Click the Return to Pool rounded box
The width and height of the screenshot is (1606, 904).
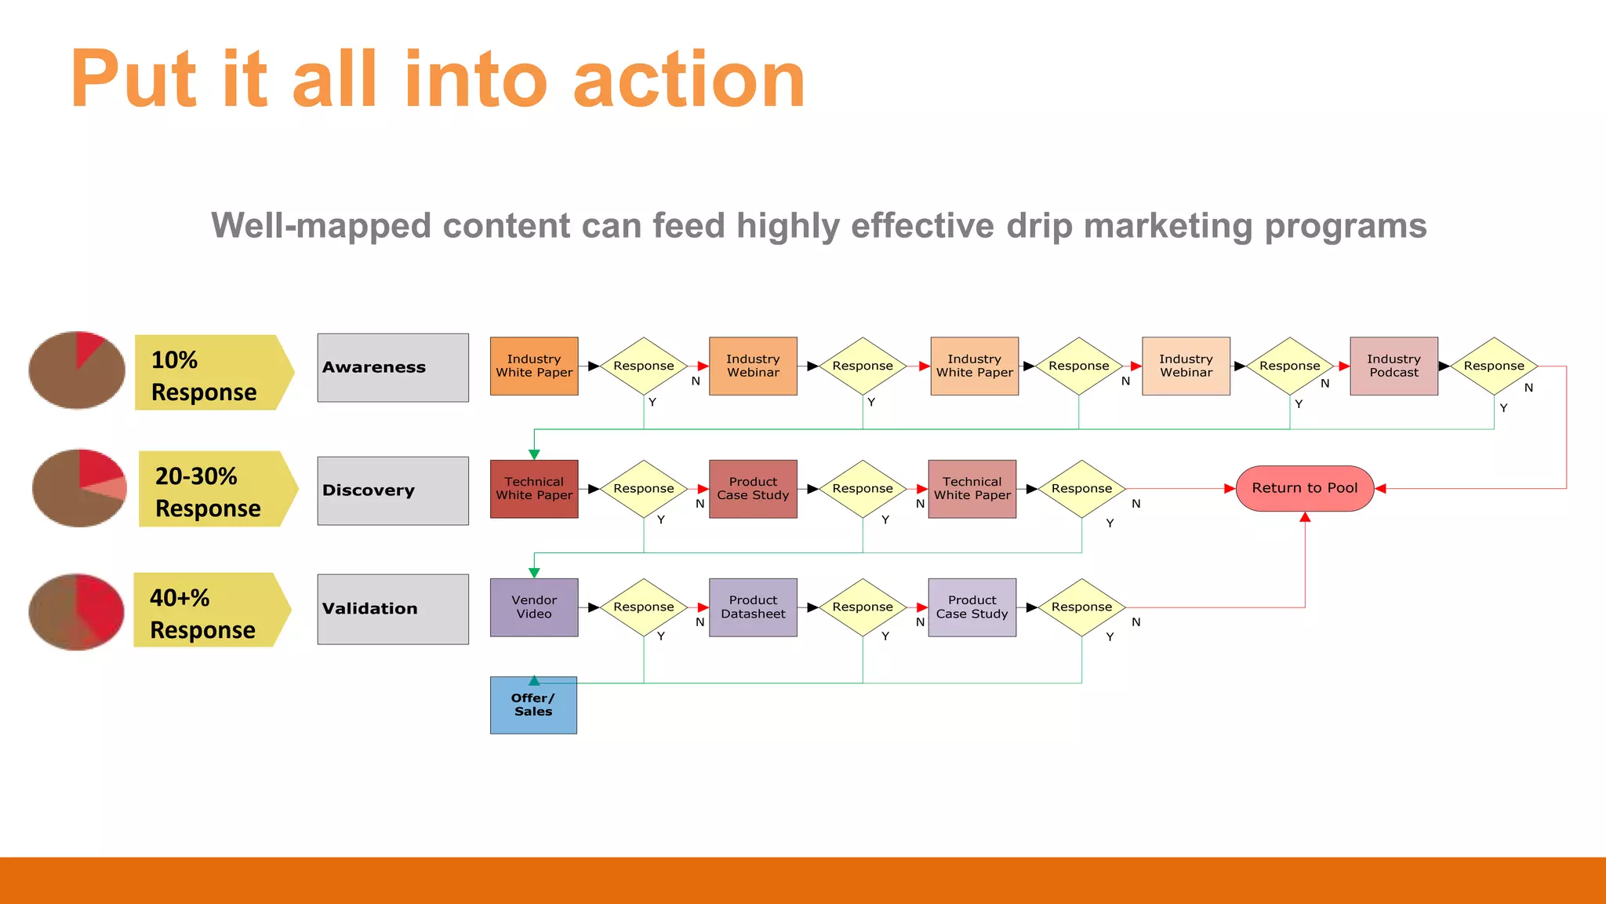point(1304,488)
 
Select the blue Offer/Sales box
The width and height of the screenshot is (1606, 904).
point(533,705)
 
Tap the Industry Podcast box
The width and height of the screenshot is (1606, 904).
point(1393,366)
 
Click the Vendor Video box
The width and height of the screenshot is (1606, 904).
point(534,607)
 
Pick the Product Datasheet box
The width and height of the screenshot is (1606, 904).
point(753,607)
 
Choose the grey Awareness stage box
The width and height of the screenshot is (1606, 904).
point(393,368)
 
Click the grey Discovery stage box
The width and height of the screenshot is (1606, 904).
point(393,491)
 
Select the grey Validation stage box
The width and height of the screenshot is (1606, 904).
point(393,610)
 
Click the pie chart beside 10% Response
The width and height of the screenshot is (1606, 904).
point(77,370)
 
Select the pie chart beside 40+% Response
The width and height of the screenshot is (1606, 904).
point(77,611)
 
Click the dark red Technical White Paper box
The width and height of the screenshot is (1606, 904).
point(534,489)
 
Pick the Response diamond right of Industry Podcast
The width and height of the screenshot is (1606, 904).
point(1494,366)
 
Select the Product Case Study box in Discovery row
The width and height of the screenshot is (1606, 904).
point(753,489)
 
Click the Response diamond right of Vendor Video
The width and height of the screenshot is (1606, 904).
point(644,607)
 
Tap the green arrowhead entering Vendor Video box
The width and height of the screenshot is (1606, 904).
point(534,574)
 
